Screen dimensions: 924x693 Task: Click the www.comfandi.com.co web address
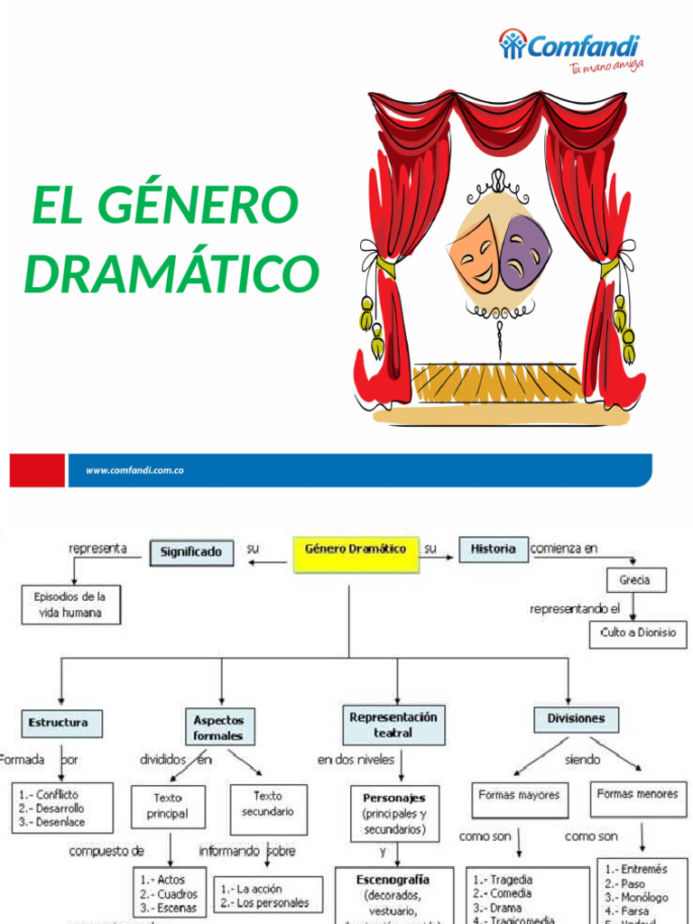coord(134,470)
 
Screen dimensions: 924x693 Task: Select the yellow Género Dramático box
coord(356,554)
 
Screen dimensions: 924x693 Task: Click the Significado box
coord(190,552)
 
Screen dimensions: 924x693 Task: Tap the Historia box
coord(493,549)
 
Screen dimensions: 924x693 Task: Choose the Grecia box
coord(634,580)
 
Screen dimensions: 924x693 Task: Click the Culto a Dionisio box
coord(637,633)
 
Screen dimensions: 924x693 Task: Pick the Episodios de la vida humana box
coord(69,605)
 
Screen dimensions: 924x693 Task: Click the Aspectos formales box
coord(218,727)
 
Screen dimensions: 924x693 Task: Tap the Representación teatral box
coord(393,725)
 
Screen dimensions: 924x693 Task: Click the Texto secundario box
coord(267,804)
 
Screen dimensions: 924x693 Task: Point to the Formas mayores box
coord(518,796)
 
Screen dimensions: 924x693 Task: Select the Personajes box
coord(393,812)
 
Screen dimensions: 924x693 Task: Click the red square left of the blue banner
coord(37,470)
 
